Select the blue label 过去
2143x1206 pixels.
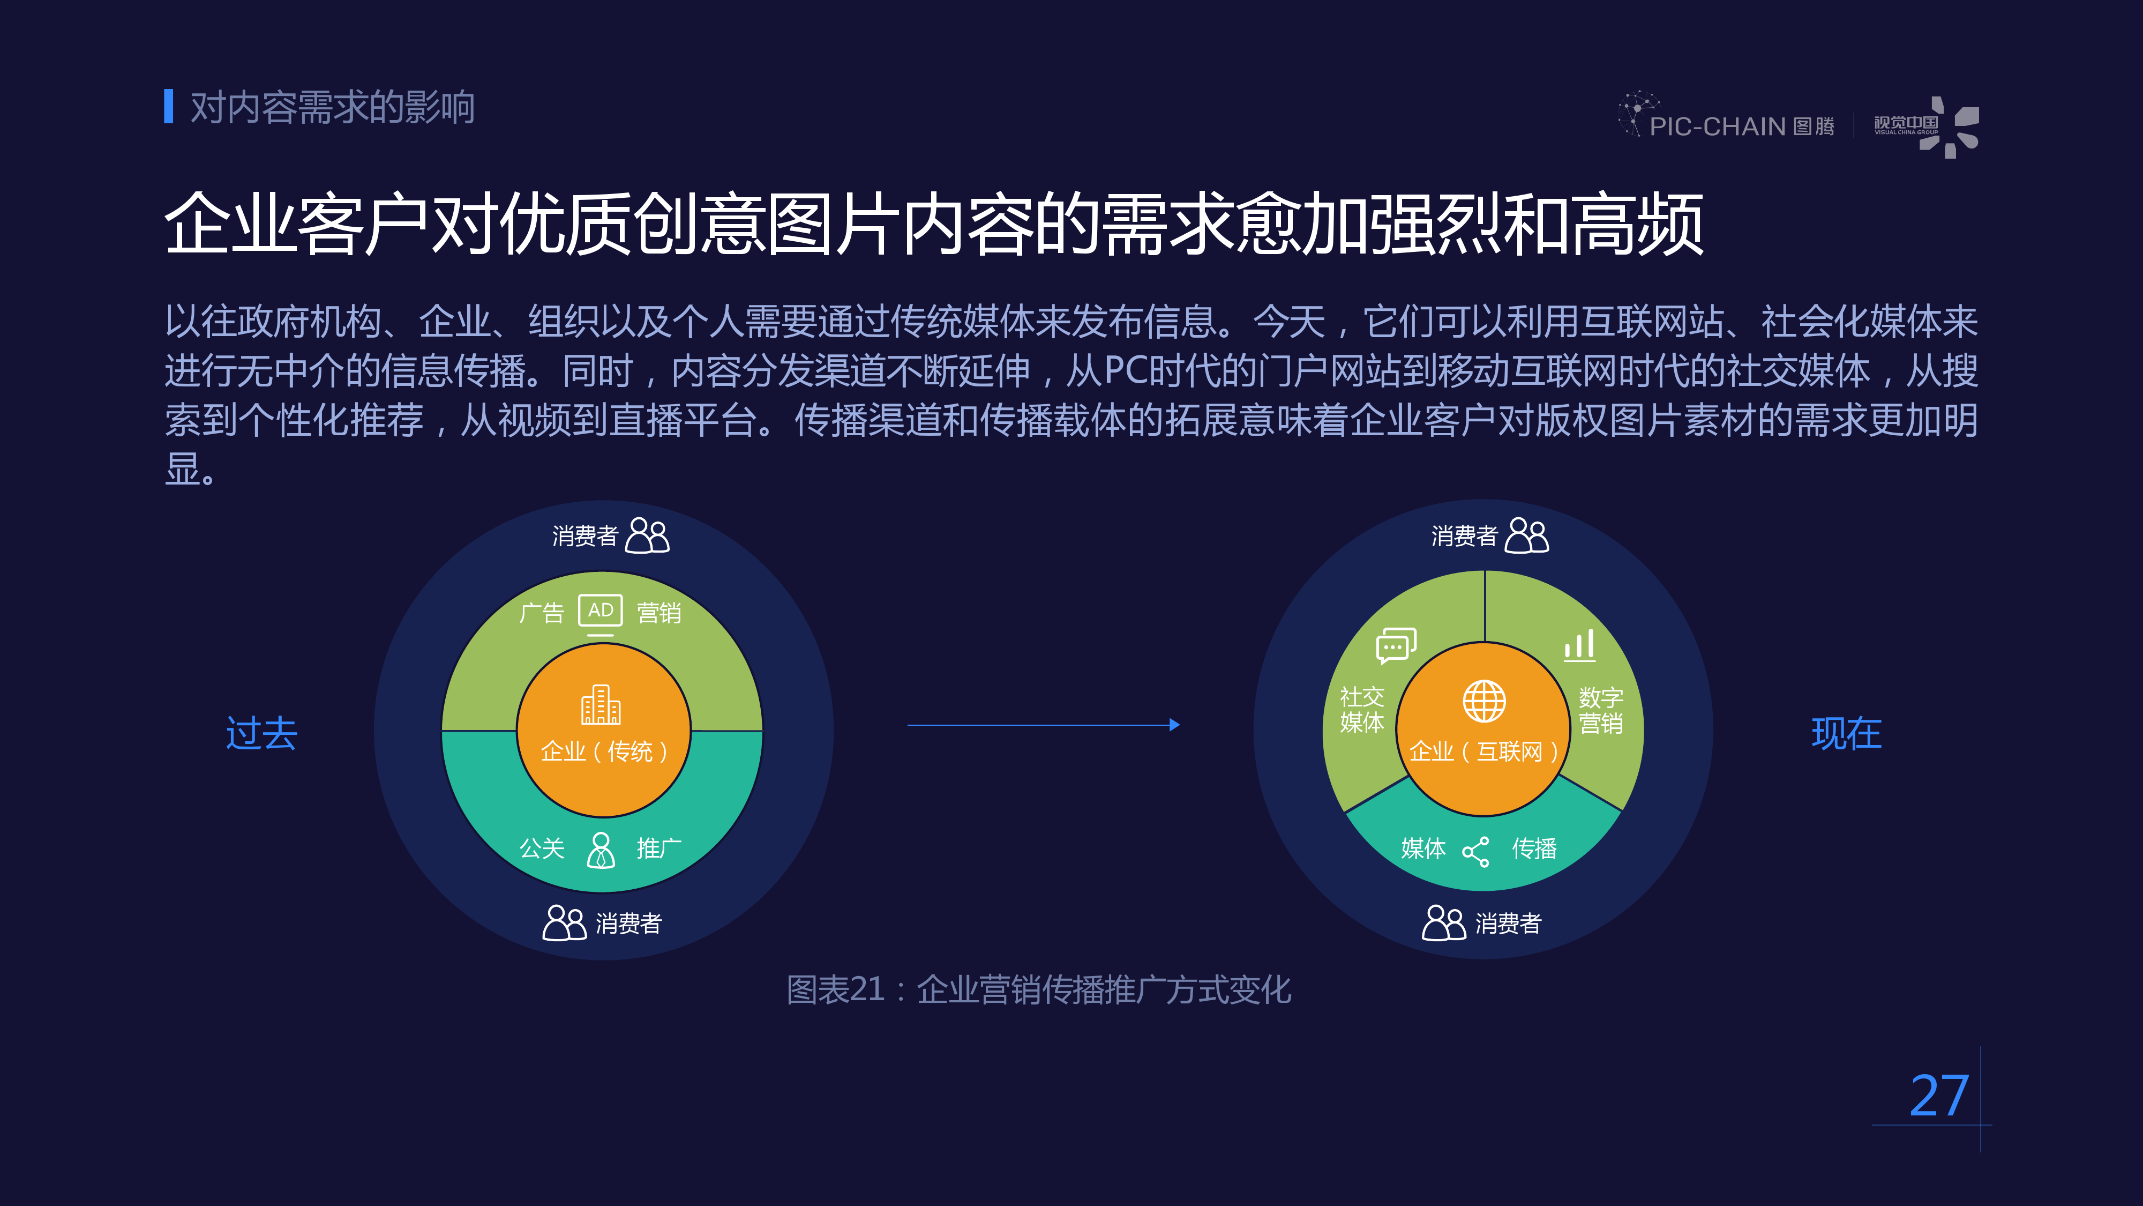(x=262, y=733)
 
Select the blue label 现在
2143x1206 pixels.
(x=1847, y=733)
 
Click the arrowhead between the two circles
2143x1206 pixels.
(x=1174, y=725)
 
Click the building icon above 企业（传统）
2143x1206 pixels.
(x=601, y=705)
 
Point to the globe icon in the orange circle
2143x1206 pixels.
(x=1484, y=701)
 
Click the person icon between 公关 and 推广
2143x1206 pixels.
(x=601, y=850)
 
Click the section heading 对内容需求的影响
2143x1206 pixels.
(x=332, y=107)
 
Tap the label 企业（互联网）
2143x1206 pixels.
(x=1484, y=751)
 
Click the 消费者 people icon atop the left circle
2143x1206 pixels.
(x=647, y=535)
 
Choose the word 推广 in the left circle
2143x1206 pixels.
(x=659, y=849)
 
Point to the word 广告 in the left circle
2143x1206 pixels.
(x=542, y=613)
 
